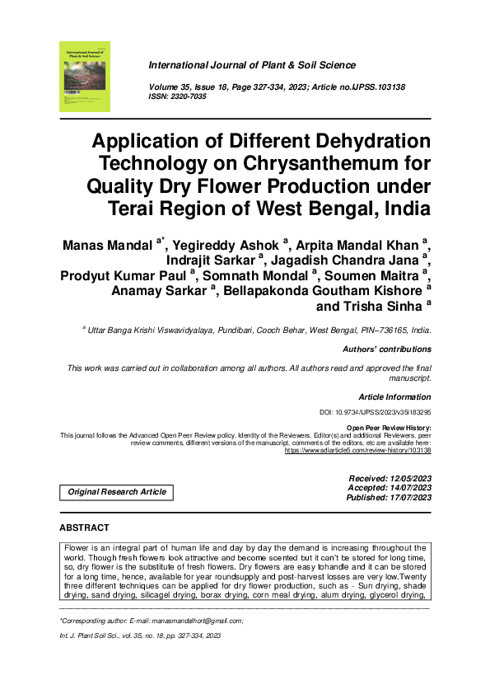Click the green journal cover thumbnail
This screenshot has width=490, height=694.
pos(84,76)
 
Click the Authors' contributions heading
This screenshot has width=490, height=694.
pos(386,349)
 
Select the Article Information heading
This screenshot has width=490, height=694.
pos(394,397)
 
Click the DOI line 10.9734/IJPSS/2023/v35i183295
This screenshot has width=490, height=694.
pos(375,411)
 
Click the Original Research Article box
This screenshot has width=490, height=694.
pos(116,492)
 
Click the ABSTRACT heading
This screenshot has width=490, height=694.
pos(84,527)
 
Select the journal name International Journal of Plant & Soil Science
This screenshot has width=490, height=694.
pos(252,65)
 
